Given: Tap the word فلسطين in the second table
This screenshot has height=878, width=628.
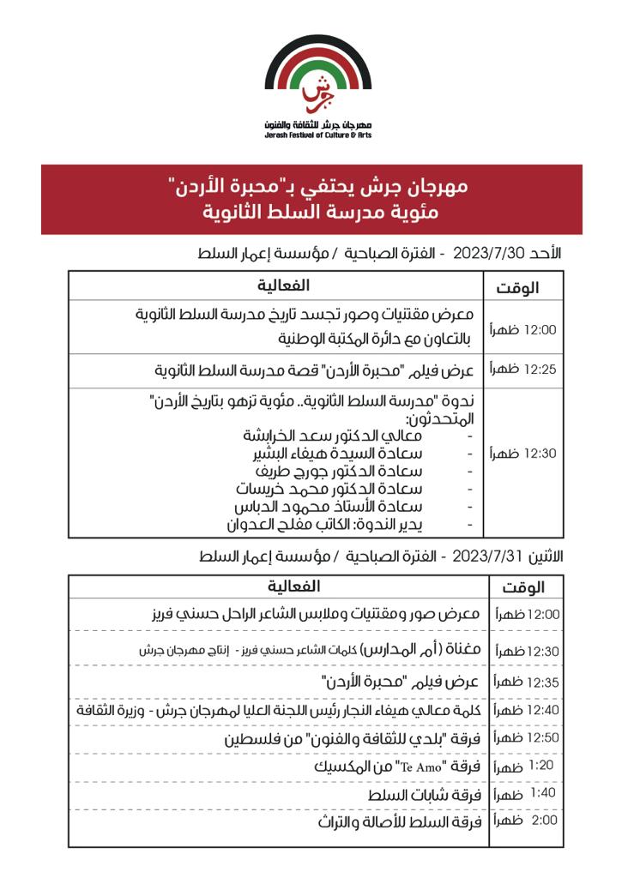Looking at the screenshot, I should pos(254,738).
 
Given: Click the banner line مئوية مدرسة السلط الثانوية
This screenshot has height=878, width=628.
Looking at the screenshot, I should pos(312,209).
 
